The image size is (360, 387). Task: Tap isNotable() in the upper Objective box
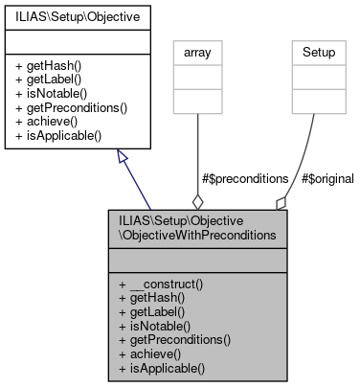click(52, 93)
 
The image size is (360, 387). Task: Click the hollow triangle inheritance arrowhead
click(122, 156)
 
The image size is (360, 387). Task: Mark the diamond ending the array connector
click(198, 201)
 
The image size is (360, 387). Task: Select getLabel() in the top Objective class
click(50, 79)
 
